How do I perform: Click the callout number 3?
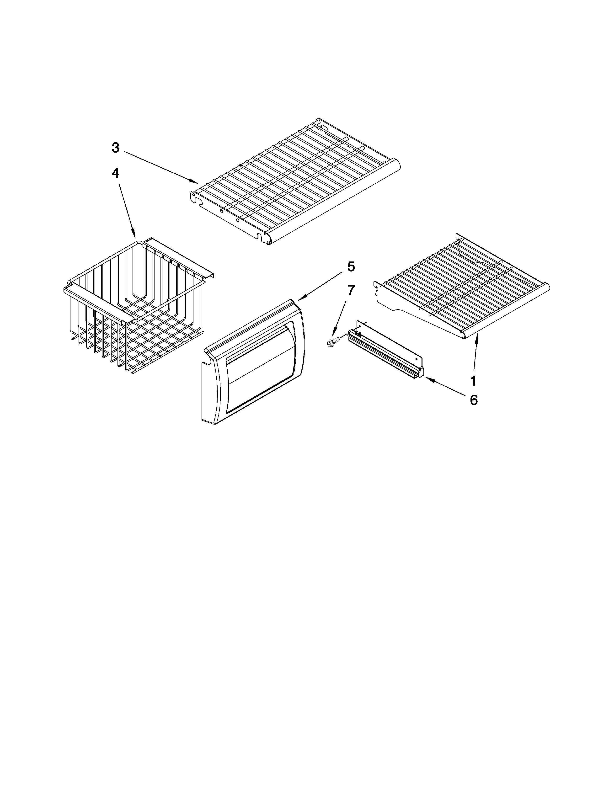click(115, 148)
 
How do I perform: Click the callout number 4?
click(115, 173)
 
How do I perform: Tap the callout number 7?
click(351, 290)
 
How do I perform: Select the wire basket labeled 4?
click(137, 307)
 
